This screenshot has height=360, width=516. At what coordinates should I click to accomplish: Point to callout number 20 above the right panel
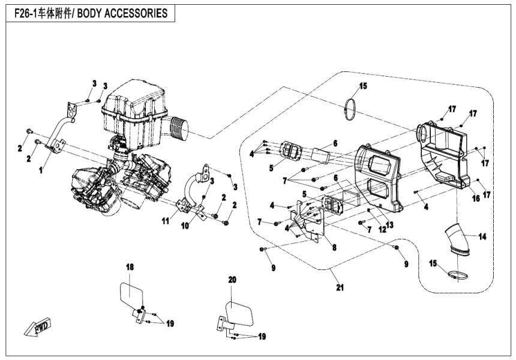pos(233,279)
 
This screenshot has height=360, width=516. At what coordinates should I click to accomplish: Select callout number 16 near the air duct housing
pos(475,198)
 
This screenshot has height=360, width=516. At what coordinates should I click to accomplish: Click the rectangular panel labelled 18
pos(131,295)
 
